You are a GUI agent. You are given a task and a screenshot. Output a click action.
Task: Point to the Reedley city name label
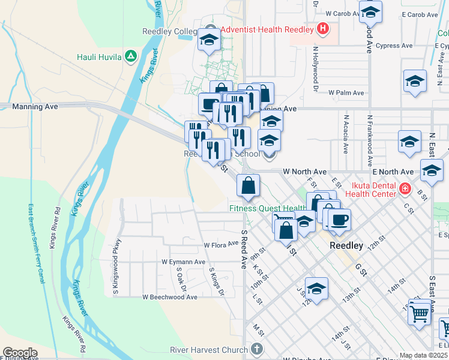point(346,246)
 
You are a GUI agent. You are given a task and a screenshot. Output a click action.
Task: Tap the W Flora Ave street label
point(221,245)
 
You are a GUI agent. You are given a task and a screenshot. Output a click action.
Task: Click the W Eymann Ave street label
point(184,262)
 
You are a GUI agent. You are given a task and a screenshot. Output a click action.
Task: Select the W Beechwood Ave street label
point(170,297)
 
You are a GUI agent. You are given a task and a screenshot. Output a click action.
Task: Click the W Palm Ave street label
point(346,93)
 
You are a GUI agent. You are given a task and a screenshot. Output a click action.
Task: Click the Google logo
point(20,353)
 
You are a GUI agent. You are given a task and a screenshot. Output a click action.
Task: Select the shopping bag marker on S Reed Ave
point(249,185)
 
